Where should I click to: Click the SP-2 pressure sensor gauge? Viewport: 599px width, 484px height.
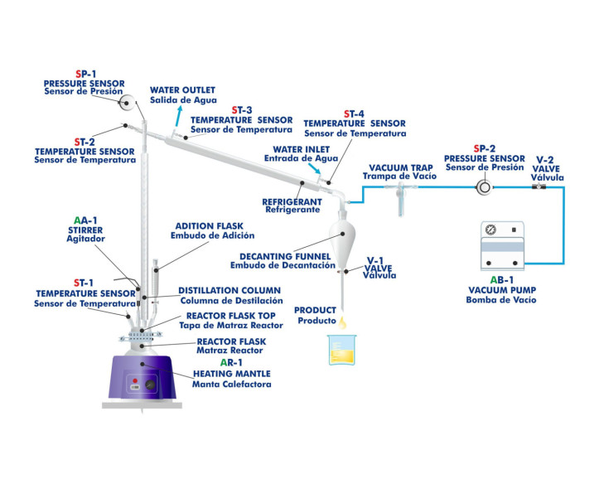[x=483, y=186]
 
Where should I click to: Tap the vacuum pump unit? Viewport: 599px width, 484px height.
[x=505, y=245]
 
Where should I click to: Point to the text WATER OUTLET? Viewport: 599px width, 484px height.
[x=182, y=90]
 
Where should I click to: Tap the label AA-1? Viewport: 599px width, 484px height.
[x=86, y=220]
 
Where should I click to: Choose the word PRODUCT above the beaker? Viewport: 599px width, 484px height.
[x=316, y=310]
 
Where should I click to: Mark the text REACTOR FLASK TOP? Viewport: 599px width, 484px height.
[x=229, y=316]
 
